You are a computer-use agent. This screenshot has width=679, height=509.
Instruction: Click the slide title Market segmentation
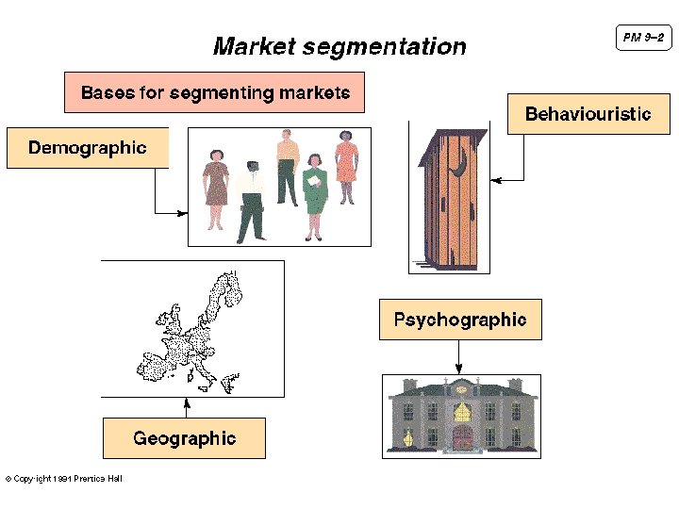click(339, 46)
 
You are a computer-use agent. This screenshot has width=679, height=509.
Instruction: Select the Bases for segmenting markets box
click(214, 92)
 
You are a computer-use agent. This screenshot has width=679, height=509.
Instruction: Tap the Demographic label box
click(88, 147)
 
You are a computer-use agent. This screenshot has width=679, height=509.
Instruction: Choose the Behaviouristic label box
click(588, 114)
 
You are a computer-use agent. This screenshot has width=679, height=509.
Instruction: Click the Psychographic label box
click(460, 320)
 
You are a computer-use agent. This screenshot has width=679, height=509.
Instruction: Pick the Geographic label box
click(184, 438)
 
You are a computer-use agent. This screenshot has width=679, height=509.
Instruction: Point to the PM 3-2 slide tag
click(643, 38)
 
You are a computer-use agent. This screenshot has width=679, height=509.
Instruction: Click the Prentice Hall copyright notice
click(64, 479)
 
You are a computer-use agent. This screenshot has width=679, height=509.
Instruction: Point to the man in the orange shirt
click(288, 165)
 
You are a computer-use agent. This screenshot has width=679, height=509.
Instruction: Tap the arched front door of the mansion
click(462, 435)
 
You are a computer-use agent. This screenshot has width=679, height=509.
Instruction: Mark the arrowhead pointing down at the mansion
click(459, 369)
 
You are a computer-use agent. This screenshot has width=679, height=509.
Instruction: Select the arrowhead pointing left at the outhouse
click(496, 178)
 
